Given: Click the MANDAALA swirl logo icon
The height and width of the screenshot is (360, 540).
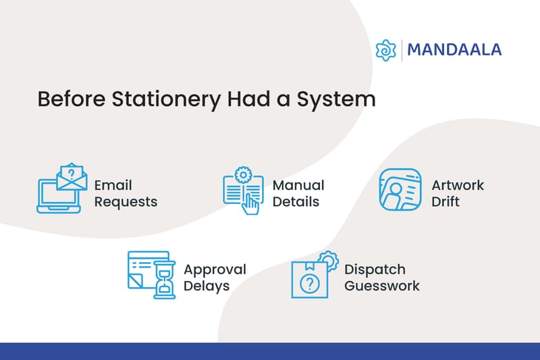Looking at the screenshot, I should click(385, 50).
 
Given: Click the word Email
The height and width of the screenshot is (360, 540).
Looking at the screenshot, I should click(113, 185).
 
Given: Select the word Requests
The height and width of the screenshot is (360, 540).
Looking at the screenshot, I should click(126, 201).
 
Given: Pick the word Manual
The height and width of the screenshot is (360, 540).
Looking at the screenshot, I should click(298, 185).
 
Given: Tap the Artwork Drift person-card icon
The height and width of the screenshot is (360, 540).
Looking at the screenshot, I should click(400, 190).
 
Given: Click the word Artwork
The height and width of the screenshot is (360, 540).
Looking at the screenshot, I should click(458, 185).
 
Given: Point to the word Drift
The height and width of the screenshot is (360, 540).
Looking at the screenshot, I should click(446, 201).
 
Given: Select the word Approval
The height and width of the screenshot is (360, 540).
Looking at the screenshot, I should click(215, 269).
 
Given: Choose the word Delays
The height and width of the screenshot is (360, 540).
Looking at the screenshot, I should click(207, 286).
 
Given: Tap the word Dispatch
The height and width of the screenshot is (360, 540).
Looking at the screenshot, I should click(375, 269).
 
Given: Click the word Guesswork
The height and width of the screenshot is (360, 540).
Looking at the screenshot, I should click(381, 285).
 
